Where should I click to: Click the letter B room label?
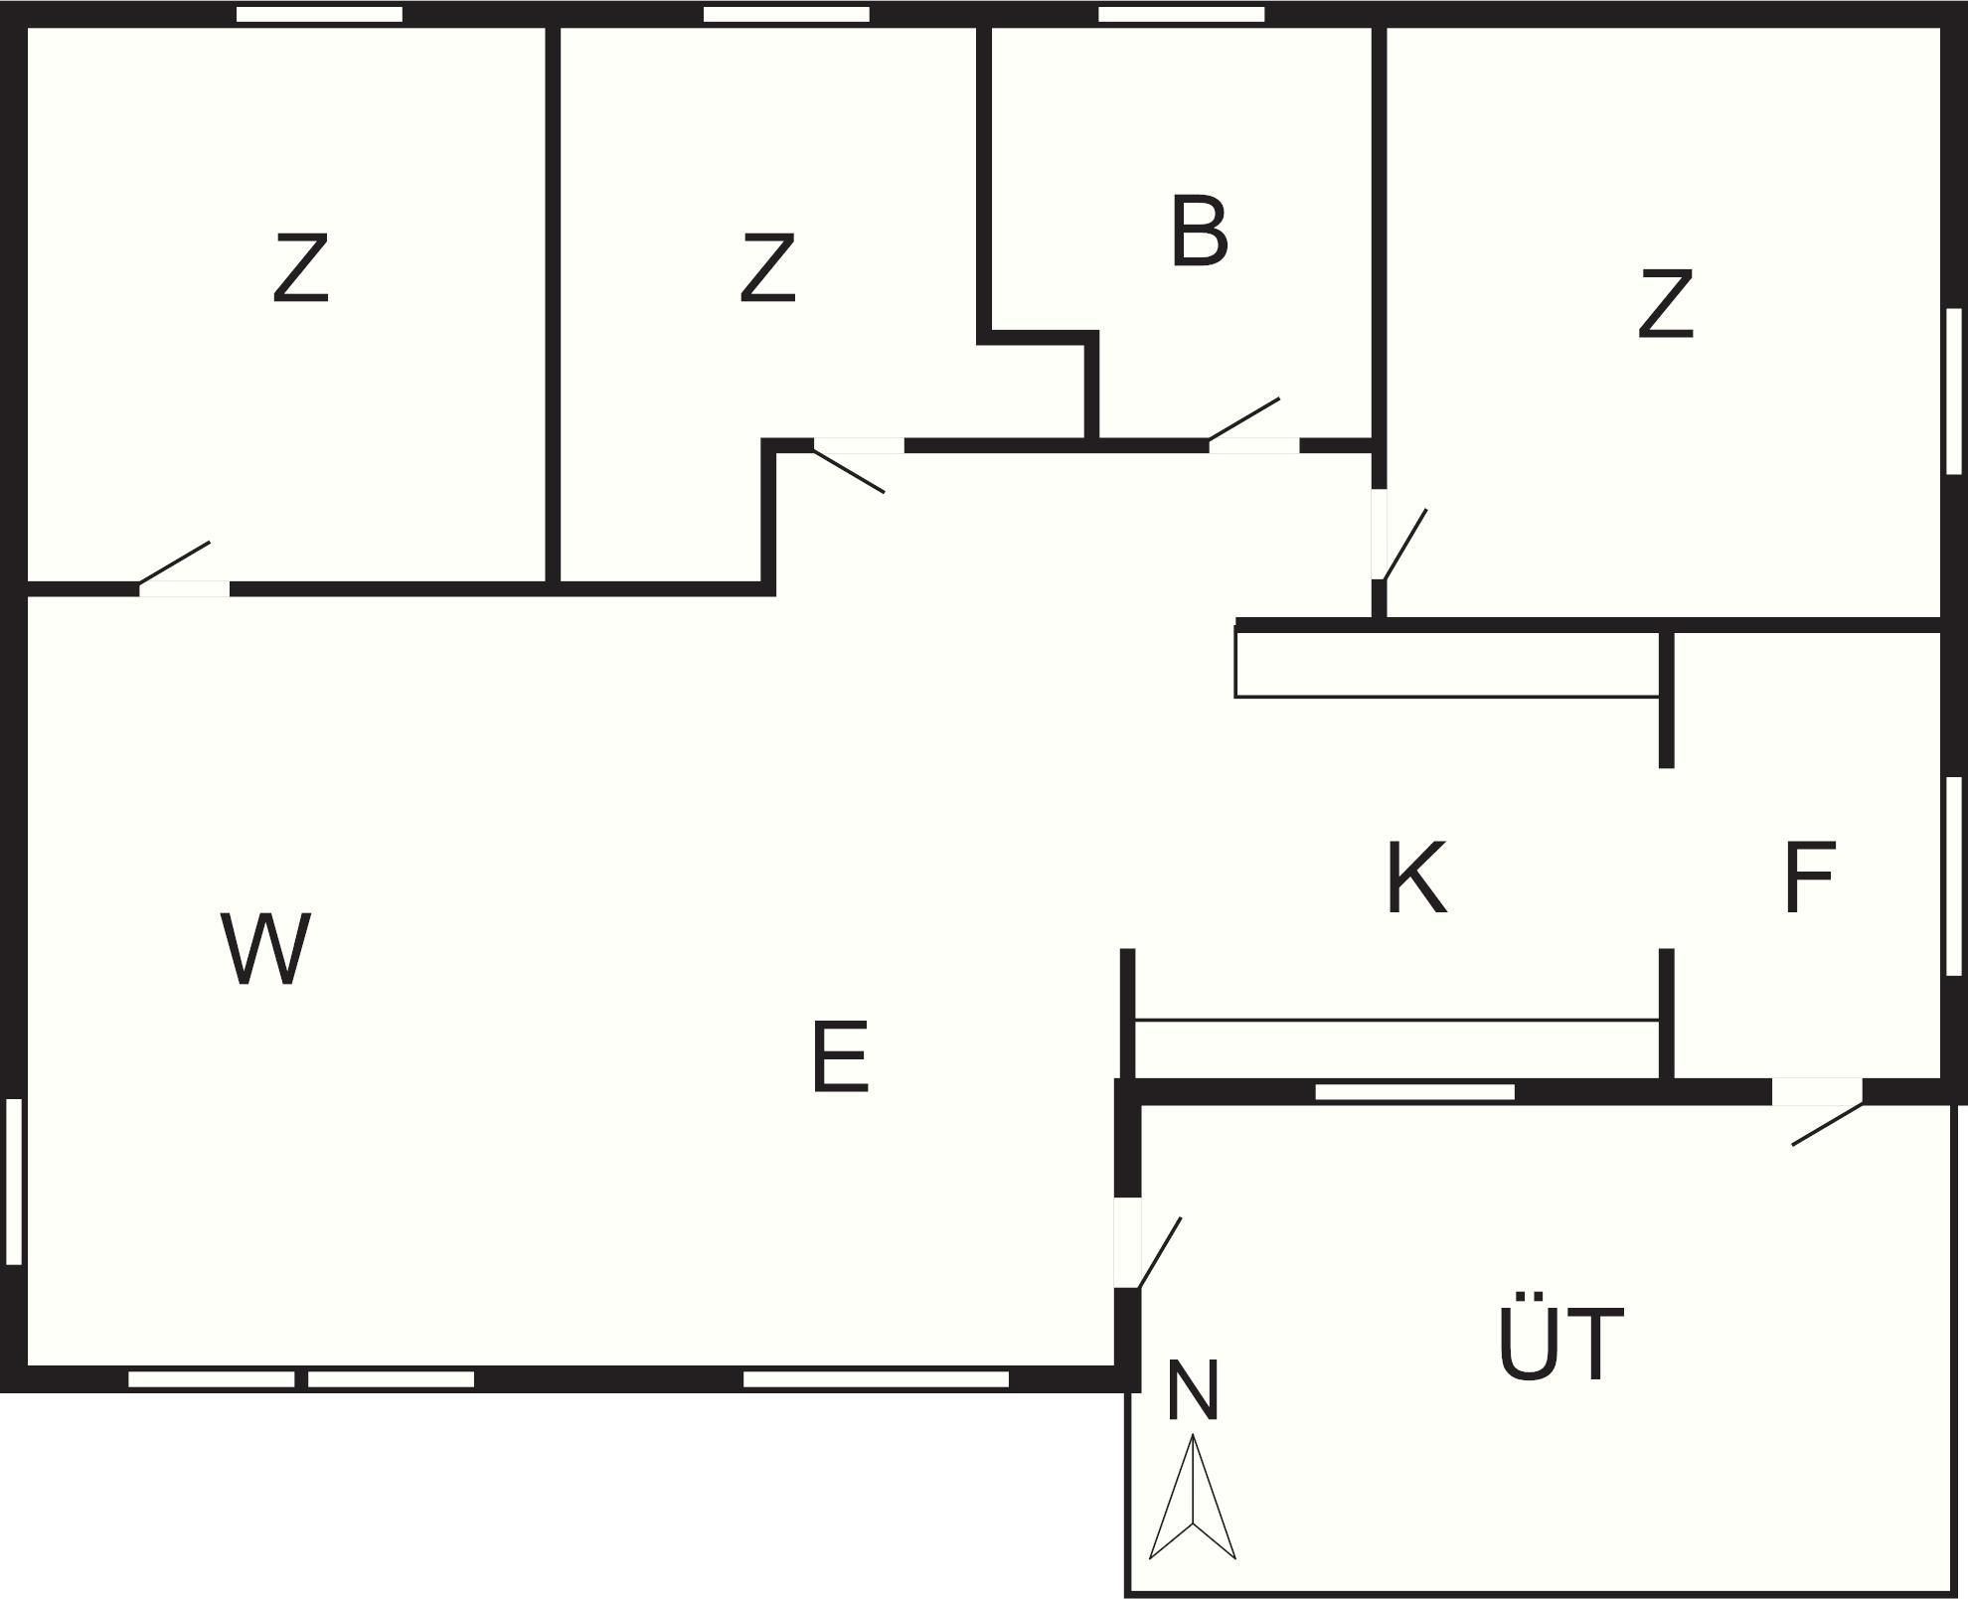pyautogui.click(x=1199, y=232)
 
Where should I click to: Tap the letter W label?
pyautogui.click(x=265, y=949)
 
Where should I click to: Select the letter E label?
pyautogui.click(x=840, y=1057)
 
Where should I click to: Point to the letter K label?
pyautogui.click(x=1415, y=878)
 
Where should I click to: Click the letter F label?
pyautogui.click(x=1809, y=878)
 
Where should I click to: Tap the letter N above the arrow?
pyautogui.click(x=1192, y=1391)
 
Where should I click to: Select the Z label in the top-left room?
pyautogui.click(x=300, y=268)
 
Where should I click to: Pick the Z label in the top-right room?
pyautogui.click(x=1665, y=304)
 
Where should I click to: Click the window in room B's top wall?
pyautogui.click(x=1181, y=14)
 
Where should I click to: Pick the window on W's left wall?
pyautogui.click(x=14, y=1181)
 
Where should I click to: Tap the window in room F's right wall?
pyautogui.click(x=1953, y=875)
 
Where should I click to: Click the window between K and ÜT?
pyautogui.click(x=1414, y=1091)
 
